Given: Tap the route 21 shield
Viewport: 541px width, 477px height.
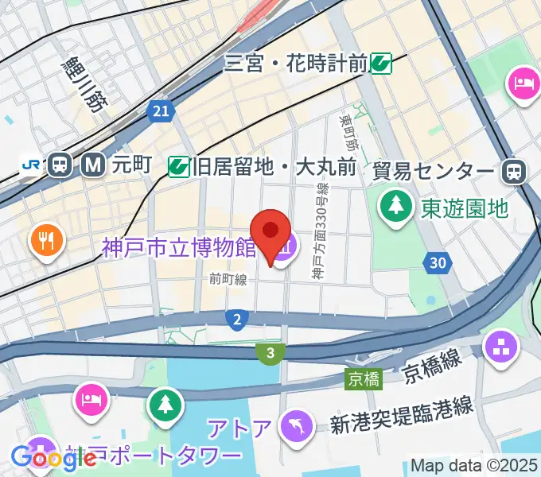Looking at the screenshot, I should [x=162, y=113].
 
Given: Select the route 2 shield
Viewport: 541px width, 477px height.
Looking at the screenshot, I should [x=235, y=320].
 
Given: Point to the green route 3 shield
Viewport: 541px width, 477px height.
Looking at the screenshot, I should [x=271, y=352].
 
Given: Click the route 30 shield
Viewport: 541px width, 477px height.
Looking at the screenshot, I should [x=436, y=263].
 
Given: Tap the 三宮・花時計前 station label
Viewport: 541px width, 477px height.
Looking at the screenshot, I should [x=296, y=62].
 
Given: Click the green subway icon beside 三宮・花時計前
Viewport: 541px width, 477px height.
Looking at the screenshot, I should [x=381, y=62].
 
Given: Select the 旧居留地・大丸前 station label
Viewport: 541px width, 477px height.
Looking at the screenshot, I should [x=273, y=168].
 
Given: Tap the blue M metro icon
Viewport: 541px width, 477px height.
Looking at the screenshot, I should [x=94, y=165].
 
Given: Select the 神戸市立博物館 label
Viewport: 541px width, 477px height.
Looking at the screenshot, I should [x=178, y=248].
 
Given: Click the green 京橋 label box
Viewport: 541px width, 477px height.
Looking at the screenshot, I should [x=363, y=379].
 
